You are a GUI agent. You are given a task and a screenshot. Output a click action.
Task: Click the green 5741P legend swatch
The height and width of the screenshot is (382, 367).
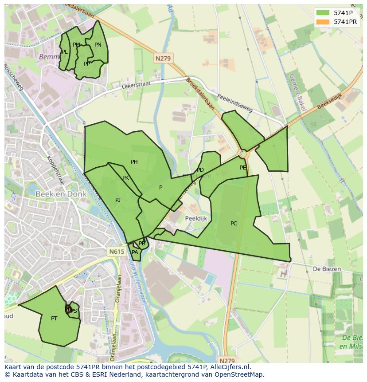[323, 13]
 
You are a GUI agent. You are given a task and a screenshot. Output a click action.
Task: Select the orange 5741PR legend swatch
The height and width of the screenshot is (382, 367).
[323, 22]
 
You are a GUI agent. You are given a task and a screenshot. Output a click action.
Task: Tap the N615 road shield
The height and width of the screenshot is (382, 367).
[117, 252]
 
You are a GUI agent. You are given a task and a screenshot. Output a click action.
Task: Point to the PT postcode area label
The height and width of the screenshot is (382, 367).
[54, 318]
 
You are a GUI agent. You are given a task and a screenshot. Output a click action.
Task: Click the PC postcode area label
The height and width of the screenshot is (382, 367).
[234, 224]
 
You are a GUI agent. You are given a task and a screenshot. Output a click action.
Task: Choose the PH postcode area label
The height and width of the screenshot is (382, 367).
[134, 162]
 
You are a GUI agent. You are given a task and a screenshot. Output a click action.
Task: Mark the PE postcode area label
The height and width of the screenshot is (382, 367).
[243, 168]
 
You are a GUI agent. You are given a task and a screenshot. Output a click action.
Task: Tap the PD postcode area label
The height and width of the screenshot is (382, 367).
[200, 170]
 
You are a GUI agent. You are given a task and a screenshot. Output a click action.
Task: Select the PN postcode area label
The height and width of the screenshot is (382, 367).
[98, 45]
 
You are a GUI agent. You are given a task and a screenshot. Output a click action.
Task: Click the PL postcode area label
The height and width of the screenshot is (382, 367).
[65, 52]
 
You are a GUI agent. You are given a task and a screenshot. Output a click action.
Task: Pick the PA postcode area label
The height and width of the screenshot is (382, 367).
[135, 252]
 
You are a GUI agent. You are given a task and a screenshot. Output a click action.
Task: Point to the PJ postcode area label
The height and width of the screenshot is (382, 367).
[118, 200]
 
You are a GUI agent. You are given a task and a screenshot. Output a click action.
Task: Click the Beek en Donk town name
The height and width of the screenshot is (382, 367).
[56, 194]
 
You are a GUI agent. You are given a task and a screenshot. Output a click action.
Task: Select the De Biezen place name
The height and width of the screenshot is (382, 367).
[327, 269]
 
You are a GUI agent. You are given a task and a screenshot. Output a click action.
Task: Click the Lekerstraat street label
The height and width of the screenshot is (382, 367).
[136, 85]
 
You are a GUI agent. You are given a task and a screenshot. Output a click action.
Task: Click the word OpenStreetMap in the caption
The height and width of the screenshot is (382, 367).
[237, 374]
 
